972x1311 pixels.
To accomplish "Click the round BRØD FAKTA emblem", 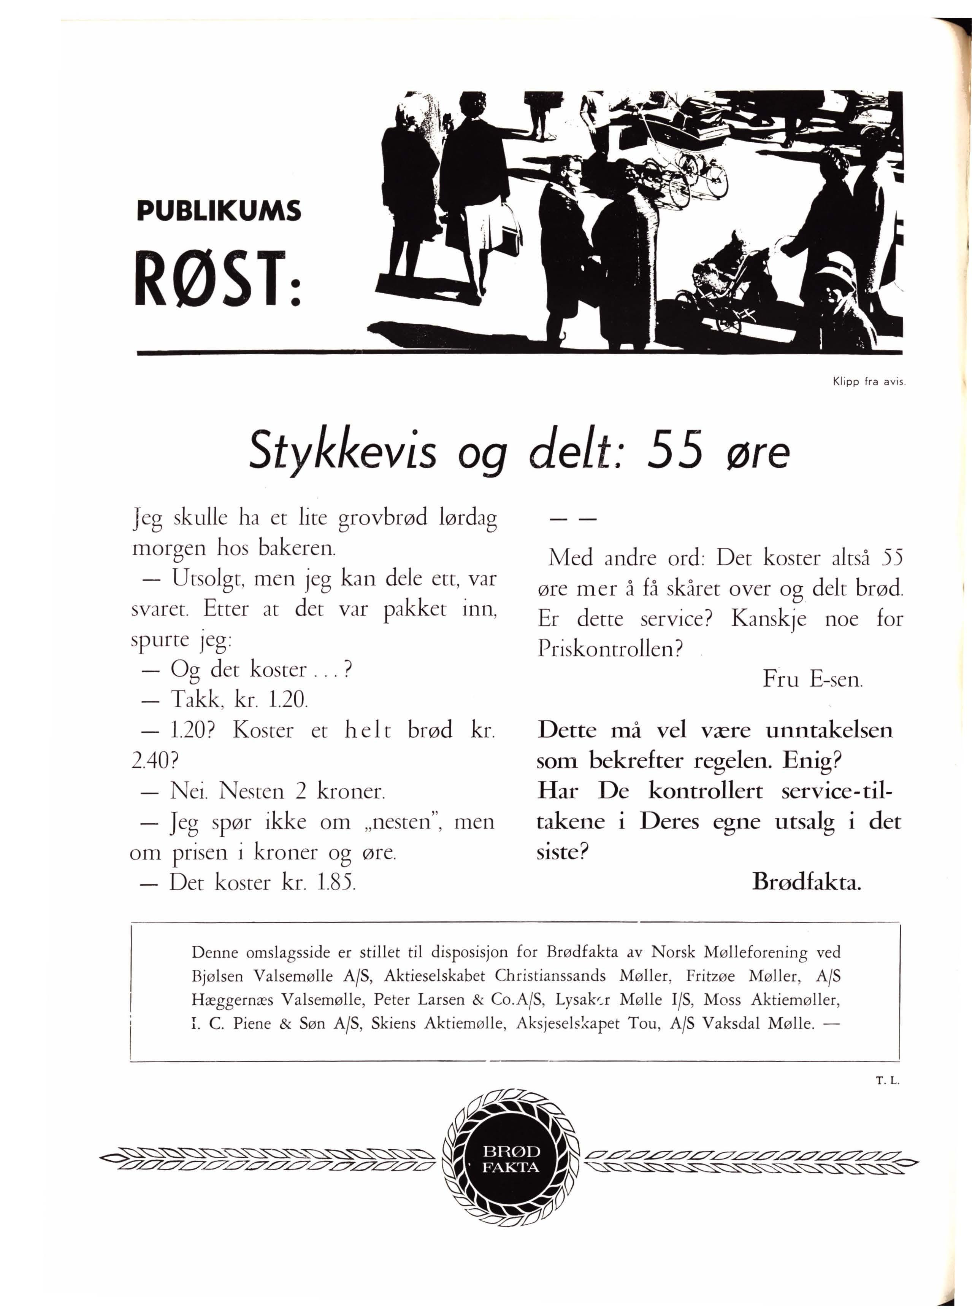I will tap(510, 1159).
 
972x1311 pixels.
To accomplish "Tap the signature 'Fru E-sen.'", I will tap(813, 679).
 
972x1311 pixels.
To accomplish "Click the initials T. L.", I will tap(884, 1080).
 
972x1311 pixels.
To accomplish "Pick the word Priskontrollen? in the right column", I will tap(612, 649).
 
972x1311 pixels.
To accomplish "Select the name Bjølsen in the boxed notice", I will tap(217, 976).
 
